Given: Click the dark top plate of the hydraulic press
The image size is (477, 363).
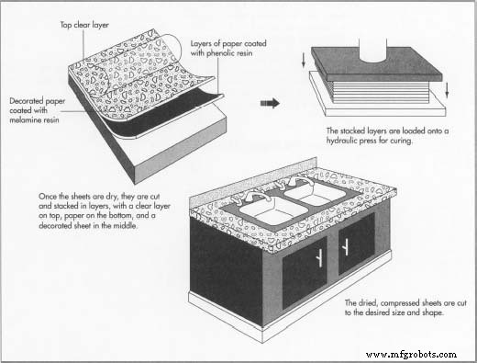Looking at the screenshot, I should click(x=376, y=64).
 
